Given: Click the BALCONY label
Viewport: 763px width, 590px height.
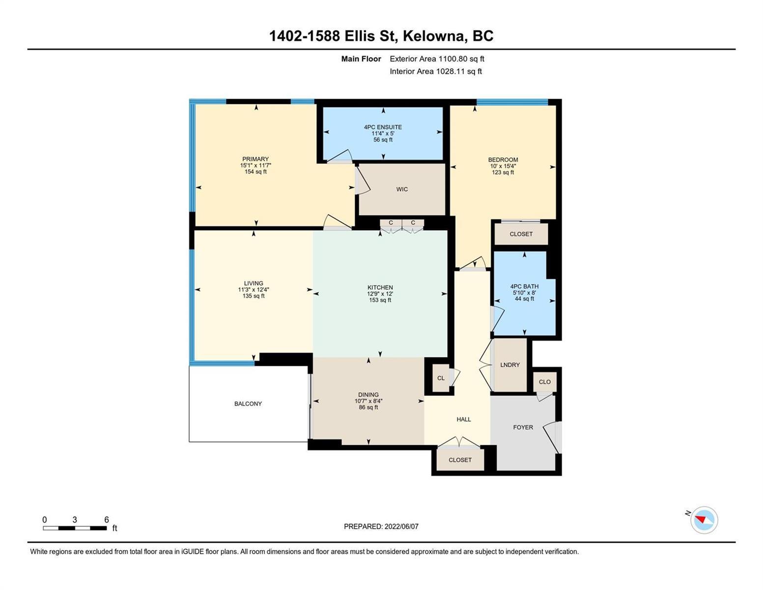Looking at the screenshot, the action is tap(248, 404).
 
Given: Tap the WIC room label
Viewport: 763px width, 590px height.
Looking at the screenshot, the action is tap(402, 189).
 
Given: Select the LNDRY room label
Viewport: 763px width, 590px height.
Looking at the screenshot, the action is tap(510, 365).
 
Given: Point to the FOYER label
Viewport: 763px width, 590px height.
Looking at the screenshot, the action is tap(523, 427).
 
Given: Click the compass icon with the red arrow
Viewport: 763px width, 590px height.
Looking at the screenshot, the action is tap(704, 520).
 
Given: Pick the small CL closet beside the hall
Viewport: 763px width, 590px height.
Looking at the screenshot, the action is tap(441, 378).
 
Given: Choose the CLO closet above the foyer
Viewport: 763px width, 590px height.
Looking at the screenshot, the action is tap(544, 382).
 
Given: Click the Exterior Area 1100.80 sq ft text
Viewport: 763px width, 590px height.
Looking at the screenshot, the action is tap(437, 59).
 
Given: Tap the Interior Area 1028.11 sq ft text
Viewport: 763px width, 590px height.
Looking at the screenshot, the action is tap(436, 71).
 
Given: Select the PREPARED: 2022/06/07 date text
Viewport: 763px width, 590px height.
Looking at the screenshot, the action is tap(381, 527).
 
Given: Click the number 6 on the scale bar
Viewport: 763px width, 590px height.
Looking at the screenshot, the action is tap(107, 519).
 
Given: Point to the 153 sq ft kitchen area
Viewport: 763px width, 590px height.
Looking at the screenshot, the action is tap(380, 300).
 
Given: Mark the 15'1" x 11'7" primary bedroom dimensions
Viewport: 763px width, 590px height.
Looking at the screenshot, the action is tap(255, 166).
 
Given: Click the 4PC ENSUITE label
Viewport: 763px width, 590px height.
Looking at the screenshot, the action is tap(383, 127).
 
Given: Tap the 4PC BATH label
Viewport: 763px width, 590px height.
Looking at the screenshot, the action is tap(524, 286).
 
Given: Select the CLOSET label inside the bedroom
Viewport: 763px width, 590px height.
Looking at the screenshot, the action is tap(521, 234).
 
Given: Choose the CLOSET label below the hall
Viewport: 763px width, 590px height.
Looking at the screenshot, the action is tap(460, 460).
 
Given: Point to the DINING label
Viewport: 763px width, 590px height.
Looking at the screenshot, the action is tap(368, 395).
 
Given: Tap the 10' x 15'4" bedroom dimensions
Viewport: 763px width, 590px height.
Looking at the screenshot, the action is tap(503, 166).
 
